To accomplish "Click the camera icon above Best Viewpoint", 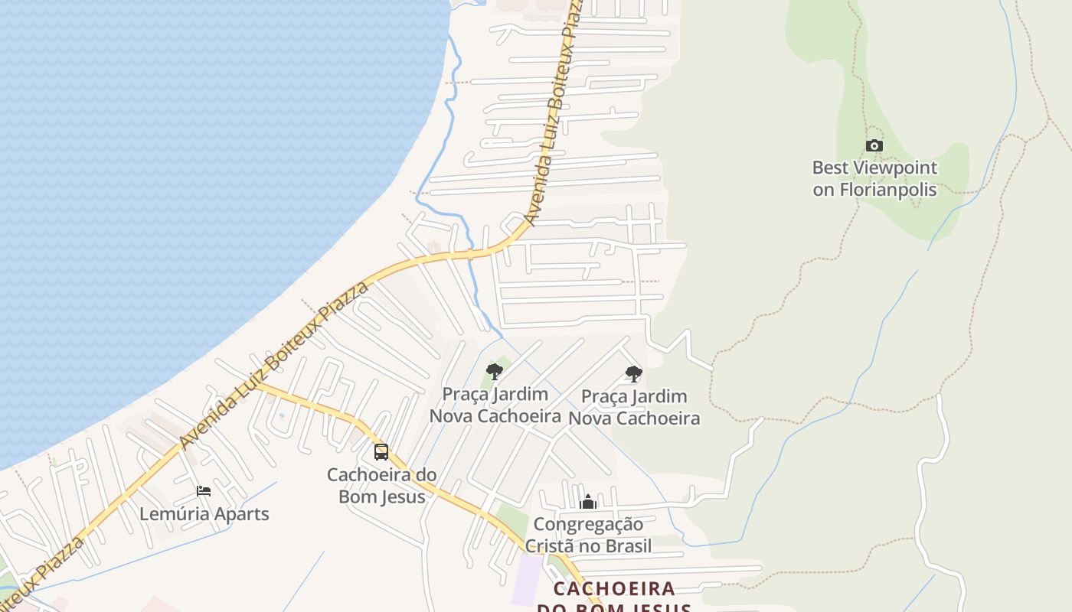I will pyautogui.click(x=874, y=145).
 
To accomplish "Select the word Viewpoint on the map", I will pyautogui.click(x=889, y=168).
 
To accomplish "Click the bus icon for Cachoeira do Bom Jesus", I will pyautogui.click(x=381, y=451).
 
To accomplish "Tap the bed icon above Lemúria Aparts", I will pyautogui.click(x=204, y=490).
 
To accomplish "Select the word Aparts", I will pyautogui.click(x=242, y=513).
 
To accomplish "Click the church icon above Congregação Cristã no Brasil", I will pyautogui.click(x=588, y=502).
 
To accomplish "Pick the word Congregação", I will pyautogui.click(x=588, y=524).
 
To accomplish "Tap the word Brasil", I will pyautogui.click(x=628, y=545).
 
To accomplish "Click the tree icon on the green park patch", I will pyautogui.click(x=495, y=372).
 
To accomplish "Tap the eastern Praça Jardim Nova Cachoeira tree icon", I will pyautogui.click(x=633, y=374).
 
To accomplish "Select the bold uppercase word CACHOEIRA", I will pyautogui.click(x=614, y=589).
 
